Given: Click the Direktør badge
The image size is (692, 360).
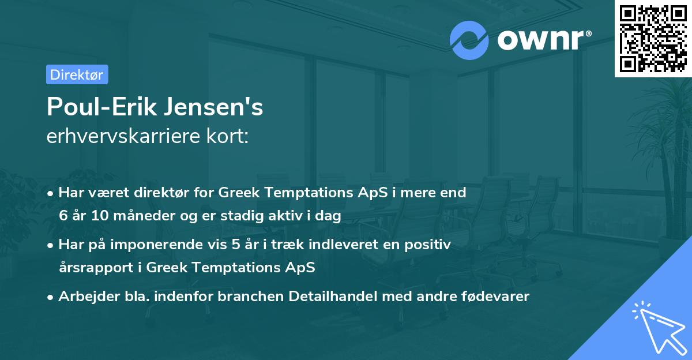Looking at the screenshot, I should (x=77, y=74).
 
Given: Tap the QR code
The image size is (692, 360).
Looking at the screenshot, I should (x=653, y=39).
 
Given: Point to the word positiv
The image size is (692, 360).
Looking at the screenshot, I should (x=430, y=245).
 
